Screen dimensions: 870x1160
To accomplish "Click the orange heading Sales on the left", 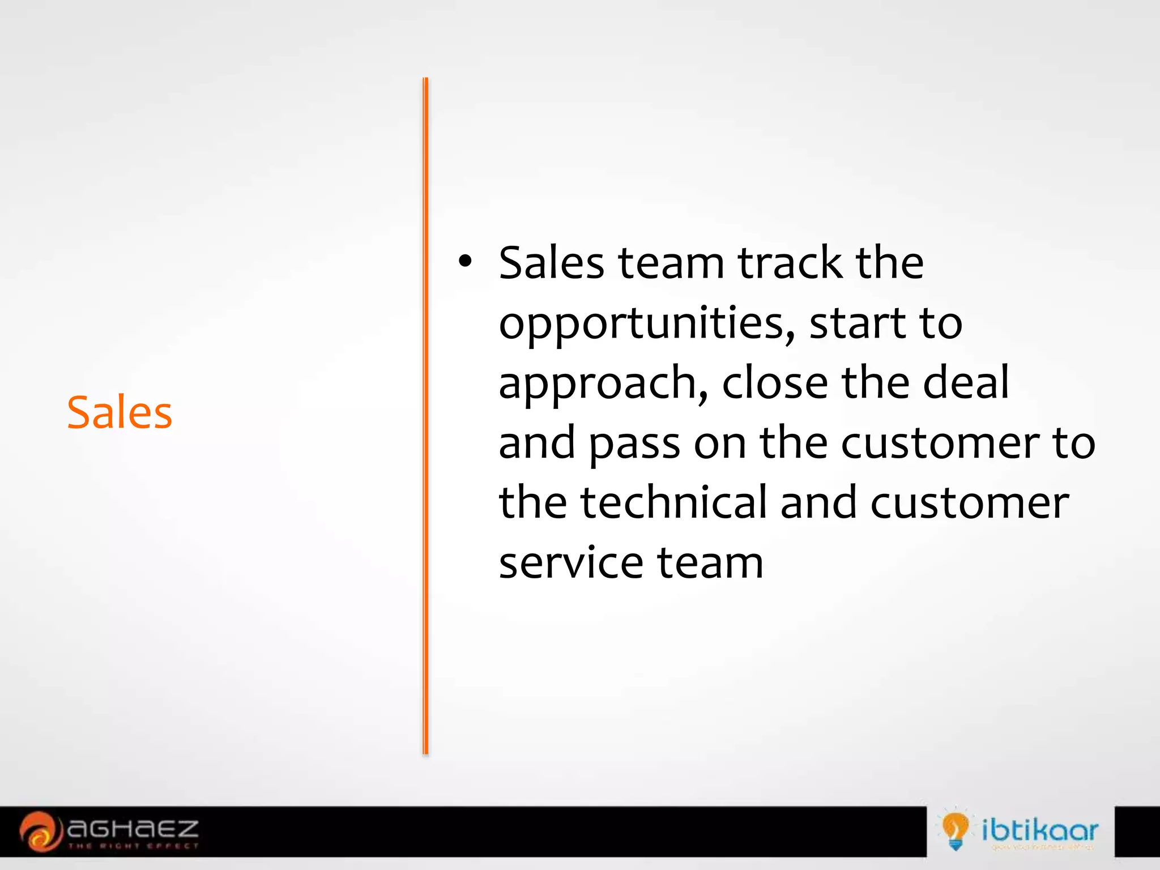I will [120, 412].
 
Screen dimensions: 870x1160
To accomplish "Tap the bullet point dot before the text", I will [465, 262].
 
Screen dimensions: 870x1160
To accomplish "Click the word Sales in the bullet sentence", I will [551, 263].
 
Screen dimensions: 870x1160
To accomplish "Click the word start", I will [858, 323].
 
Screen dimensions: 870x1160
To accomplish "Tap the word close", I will [775, 383].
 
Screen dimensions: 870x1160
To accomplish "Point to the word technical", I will [673, 502].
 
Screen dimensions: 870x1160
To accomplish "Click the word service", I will [570, 564].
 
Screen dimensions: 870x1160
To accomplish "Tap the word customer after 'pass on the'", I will [940, 443].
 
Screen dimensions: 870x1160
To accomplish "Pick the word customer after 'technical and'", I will [969, 504].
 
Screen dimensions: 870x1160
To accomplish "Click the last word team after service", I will [710, 564].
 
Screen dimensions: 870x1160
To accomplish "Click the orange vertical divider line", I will [425, 416].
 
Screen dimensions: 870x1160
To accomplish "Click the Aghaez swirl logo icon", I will [40, 831].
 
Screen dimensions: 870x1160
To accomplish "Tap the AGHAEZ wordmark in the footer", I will [133, 830].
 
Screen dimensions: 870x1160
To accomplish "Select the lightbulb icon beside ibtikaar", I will [955, 830].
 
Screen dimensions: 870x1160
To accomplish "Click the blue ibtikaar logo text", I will [1040, 830].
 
